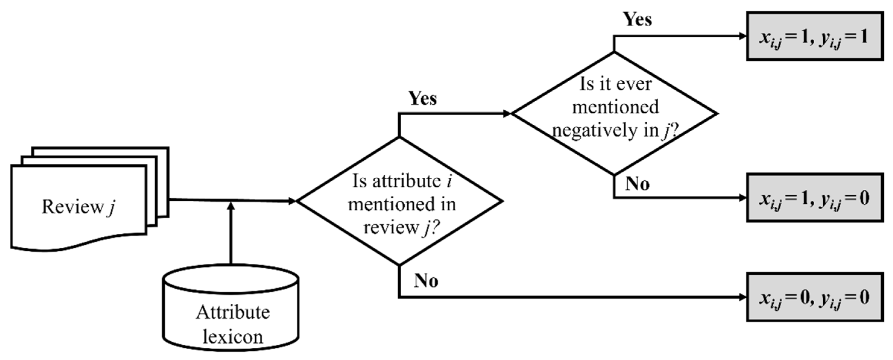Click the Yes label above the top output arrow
pos(637,19)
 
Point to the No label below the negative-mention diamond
pos(637,184)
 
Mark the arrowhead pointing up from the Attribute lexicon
pos(231,206)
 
